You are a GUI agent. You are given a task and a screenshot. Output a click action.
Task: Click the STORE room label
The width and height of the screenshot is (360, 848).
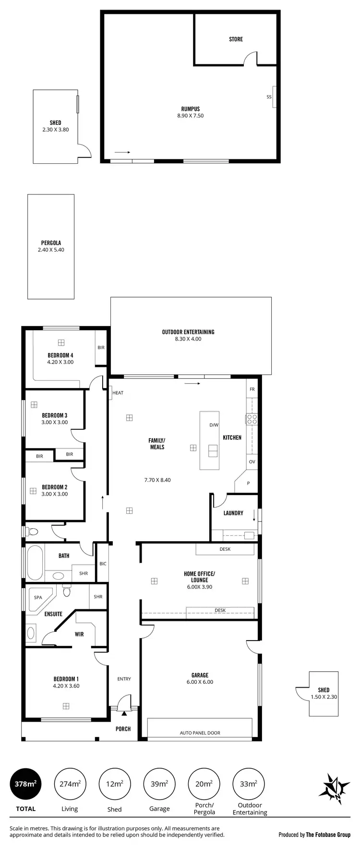(x=236, y=39)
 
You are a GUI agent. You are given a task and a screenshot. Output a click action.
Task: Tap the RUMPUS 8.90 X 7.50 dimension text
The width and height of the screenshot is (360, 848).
(x=190, y=116)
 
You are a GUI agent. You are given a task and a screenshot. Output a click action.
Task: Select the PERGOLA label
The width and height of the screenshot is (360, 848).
(x=51, y=243)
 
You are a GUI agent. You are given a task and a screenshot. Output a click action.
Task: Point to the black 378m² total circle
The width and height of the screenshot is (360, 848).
(x=25, y=784)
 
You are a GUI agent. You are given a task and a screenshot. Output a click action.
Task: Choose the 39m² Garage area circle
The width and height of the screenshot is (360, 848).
(x=159, y=784)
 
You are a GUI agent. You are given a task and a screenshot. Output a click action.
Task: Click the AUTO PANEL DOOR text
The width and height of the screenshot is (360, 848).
(x=200, y=733)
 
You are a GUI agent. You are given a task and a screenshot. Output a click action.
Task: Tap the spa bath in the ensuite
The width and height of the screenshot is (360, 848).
(x=38, y=598)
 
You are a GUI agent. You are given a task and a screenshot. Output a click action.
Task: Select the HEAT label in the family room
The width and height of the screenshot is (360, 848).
(x=118, y=393)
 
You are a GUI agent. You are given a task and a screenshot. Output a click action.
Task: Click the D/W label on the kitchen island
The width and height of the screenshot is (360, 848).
(x=214, y=425)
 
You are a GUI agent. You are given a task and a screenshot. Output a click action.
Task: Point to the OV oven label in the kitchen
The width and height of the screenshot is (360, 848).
(x=252, y=462)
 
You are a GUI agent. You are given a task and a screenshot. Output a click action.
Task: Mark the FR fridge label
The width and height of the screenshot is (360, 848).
(x=252, y=389)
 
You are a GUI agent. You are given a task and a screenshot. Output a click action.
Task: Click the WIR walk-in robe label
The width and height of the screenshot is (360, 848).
(x=79, y=634)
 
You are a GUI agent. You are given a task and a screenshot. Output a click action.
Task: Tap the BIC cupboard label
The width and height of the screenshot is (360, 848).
(x=103, y=564)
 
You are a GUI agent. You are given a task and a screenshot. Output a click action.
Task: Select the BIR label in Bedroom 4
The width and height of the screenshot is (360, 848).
(x=101, y=348)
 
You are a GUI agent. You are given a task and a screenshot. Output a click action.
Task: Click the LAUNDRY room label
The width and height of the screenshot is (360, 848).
(x=233, y=513)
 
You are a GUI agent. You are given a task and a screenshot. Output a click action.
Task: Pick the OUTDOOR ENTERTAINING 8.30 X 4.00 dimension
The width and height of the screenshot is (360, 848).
(x=188, y=339)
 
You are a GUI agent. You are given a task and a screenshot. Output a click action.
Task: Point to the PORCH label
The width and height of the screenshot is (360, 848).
(x=123, y=729)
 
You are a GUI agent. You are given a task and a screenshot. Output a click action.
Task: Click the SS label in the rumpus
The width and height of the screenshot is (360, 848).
(x=269, y=97)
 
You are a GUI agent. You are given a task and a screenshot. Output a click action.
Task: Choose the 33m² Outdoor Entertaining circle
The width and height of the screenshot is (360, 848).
(x=248, y=784)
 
